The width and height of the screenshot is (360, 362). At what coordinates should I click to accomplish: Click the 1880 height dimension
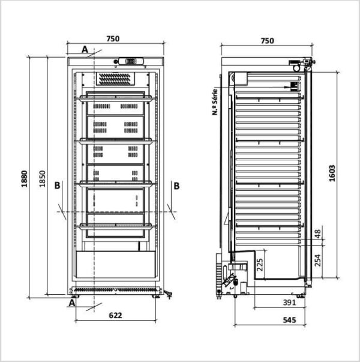click(24, 179)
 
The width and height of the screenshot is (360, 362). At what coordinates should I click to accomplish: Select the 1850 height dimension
click(42, 178)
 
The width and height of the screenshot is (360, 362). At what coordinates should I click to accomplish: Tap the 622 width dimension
click(115, 315)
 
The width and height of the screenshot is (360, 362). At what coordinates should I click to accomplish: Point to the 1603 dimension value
click(332, 173)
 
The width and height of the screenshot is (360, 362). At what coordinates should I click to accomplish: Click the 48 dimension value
click(318, 234)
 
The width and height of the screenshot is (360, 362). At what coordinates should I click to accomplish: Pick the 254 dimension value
click(318, 261)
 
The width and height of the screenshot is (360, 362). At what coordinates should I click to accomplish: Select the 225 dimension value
click(260, 265)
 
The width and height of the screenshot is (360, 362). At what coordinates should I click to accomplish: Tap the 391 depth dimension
click(289, 302)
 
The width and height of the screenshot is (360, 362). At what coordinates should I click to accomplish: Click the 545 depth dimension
click(289, 320)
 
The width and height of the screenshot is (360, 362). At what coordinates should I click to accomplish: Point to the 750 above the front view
click(113, 39)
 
